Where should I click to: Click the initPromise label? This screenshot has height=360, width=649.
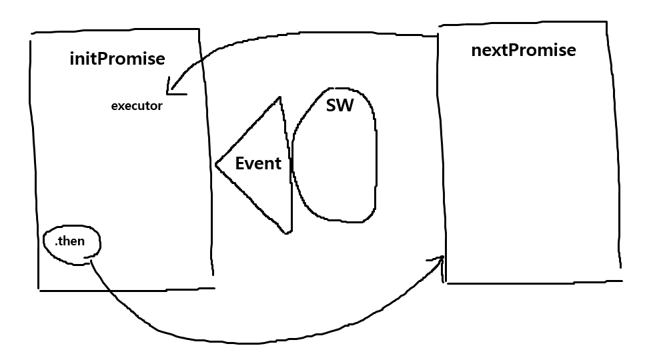(117, 59)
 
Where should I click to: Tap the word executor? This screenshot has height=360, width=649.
(137, 105)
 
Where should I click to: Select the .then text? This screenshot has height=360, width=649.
(70, 241)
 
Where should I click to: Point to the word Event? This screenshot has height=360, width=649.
(258, 163)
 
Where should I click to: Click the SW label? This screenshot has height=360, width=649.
(340, 105)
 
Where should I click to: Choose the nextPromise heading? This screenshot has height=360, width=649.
(524, 50)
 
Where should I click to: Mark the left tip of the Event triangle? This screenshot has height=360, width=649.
(216, 163)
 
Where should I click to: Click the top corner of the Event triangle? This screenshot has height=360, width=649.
(281, 97)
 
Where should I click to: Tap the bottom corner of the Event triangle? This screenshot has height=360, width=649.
(288, 233)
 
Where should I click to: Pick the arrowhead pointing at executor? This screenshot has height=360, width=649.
(171, 89)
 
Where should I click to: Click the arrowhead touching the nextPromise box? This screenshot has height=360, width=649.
(441, 258)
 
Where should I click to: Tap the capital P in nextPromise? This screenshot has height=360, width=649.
(514, 50)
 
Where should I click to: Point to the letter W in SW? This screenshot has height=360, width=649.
(346, 105)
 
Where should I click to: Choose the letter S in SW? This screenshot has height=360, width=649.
(332, 105)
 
